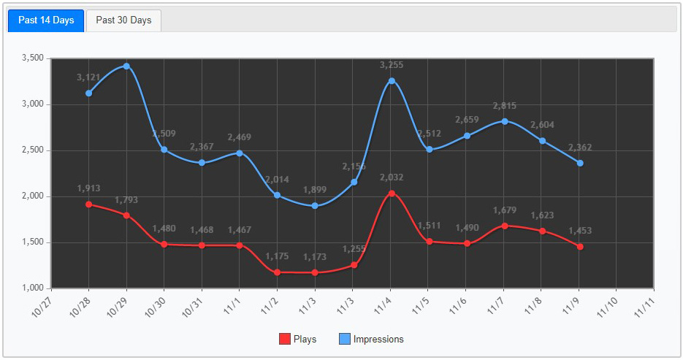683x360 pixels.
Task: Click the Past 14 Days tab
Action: click(46, 20)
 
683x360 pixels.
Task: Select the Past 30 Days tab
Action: click(123, 20)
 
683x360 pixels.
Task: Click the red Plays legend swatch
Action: click(284, 339)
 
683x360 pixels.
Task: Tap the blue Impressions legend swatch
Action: click(344, 339)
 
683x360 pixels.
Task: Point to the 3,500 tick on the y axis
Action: click(34, 58)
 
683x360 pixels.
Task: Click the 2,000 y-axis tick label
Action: click(34, 196)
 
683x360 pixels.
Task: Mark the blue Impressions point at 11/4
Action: click(392, 81)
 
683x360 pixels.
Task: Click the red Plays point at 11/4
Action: click(392, 194)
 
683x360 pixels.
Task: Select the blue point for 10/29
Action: click(126, 66)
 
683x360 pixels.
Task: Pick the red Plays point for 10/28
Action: click(88, 204)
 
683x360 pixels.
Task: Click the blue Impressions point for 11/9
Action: click(580, 163)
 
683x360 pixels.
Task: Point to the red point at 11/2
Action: click(278, 272)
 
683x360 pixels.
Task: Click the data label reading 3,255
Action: click(392, 65)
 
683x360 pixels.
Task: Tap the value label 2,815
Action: click(505, 106)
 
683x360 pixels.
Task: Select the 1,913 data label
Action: click(89, 188)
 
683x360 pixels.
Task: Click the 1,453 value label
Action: click(580, 231)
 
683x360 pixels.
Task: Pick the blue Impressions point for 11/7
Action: click(505, 121)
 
